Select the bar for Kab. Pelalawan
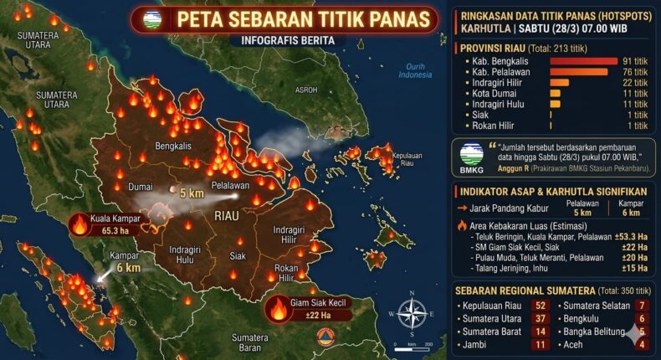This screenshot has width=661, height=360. click(x=578, y=71)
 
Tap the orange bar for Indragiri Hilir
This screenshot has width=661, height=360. click(x=559, y=82)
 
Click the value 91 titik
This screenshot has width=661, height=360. click(x=635, y=60)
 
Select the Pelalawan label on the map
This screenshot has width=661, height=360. click(x=227, y=185)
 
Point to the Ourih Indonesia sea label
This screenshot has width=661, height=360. click(x=414, y=70)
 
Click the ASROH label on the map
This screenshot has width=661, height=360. click(x=306, y=90)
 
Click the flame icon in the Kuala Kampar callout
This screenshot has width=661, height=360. click(x=80, y=224)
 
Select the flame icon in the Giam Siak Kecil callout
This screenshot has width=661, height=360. click(x=279, y=309)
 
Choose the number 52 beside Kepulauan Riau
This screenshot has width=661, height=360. click(x=540, y=306)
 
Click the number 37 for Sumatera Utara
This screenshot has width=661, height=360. click(x=540, y=319)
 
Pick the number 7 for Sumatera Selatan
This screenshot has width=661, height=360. click(x=642, y=306)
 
